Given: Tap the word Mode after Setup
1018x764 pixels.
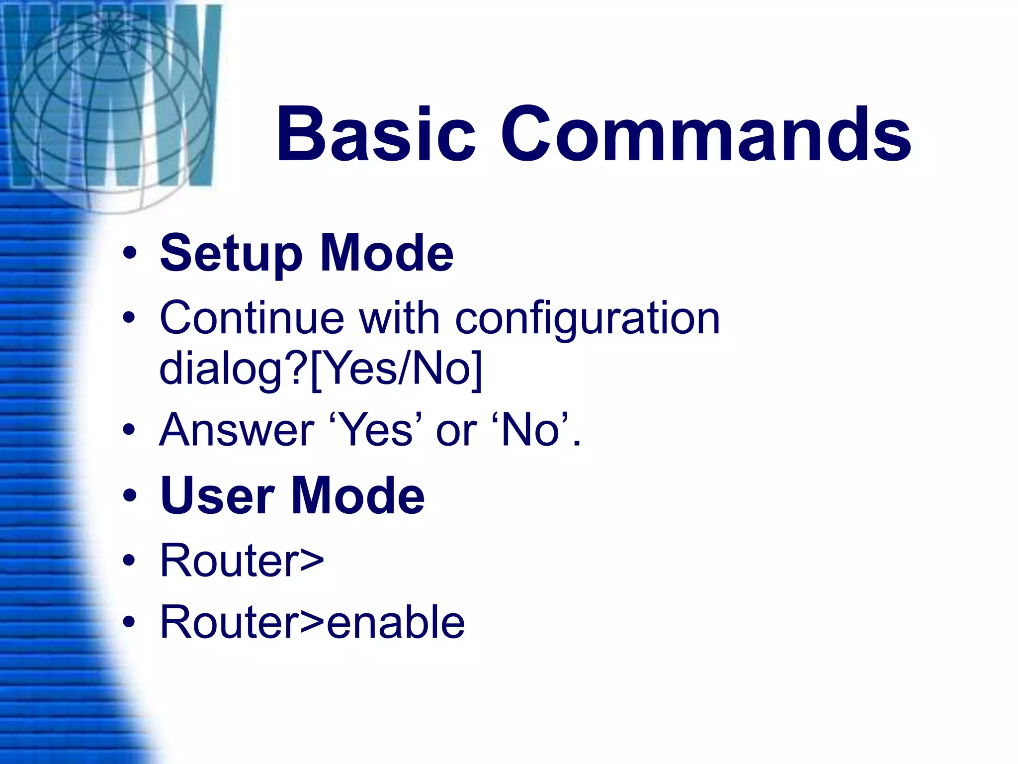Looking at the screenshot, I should [387, 254].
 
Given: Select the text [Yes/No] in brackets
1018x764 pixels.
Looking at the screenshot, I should [396, 369].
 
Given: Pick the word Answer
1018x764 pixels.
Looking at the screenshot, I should [237, 430].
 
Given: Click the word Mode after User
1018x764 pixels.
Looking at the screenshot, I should [358, 496].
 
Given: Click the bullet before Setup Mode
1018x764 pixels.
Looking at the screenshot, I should [130, 254].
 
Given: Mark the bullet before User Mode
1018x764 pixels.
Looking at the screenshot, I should [130, 496].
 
